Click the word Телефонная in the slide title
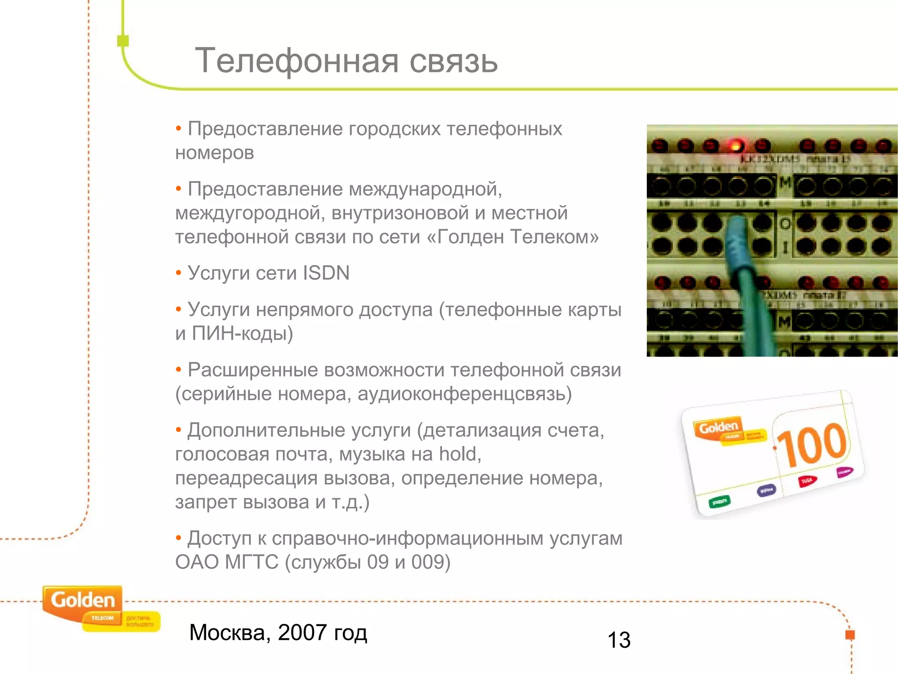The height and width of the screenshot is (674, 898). pyautogui.click(x=296, y=61)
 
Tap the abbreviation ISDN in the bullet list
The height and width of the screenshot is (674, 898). pyautogui.click(x=326, y=273)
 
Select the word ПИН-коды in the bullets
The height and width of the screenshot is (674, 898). pyautogui.click(x=242, y=333)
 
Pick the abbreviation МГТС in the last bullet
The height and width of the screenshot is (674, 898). pyautogui.click(x=252, y=562)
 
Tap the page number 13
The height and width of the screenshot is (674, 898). pyautogui.click(x=619, y=640)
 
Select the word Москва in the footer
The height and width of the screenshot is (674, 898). pyautogui.click(x=227, y=633)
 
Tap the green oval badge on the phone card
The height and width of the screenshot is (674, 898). pyautogui.click(x=720, y=501)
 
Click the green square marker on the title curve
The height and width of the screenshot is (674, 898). pyautogui.click(x=123, y=41)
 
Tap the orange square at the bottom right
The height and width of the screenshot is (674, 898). pyautogui.click(x=850, y=635)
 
